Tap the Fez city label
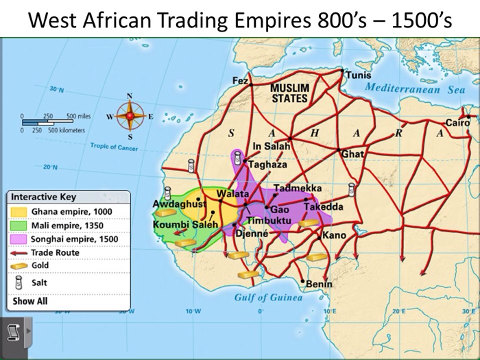click(240, 81)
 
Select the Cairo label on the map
click(457, 123)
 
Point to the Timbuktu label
click(269, 219)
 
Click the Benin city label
click(319, 283)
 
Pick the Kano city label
click(334, 235)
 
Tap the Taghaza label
click(267, 165)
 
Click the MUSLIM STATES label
click(290, 93)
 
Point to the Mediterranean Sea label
click(415, 88)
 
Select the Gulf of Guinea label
click(268, 298)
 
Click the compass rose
click(128, 116)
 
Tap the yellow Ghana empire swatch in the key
click(20, 211)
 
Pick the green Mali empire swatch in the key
click(20, 225)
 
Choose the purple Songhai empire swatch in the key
click(20, 239)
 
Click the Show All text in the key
click(30, 300)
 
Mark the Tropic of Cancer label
click(114, 147)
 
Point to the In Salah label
click(272, 146)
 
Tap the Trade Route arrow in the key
click(20, 253)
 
